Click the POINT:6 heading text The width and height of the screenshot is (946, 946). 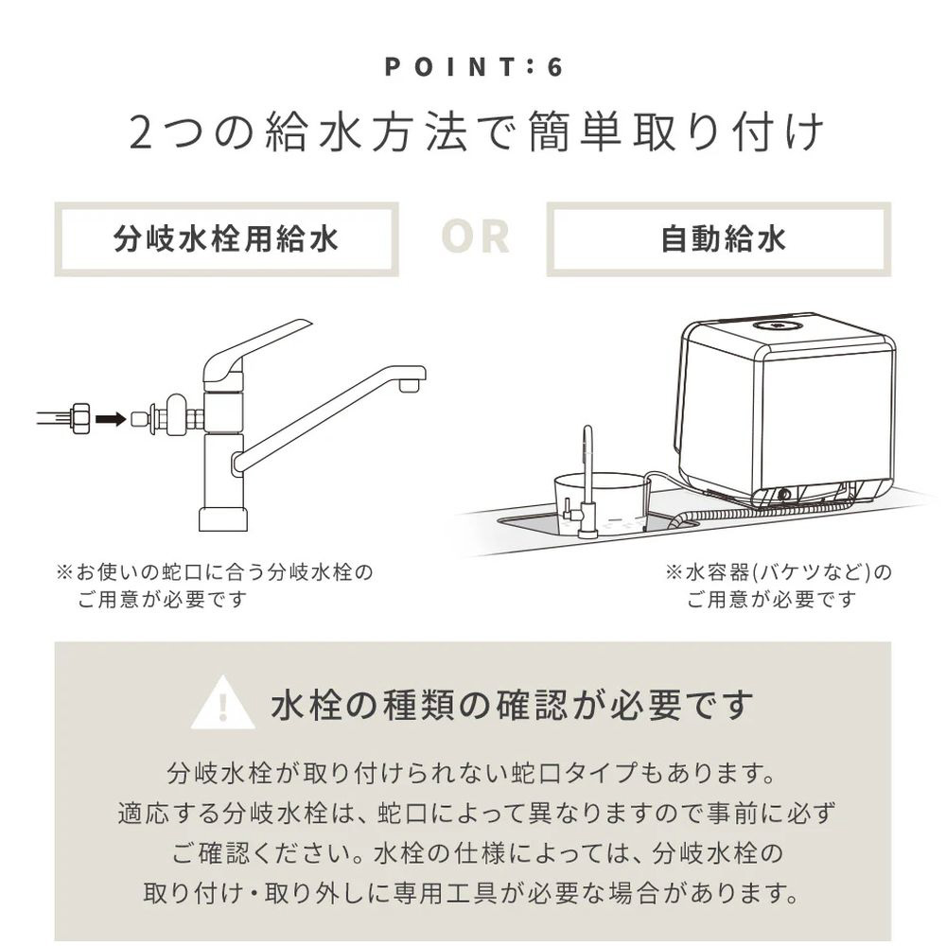(474, 66)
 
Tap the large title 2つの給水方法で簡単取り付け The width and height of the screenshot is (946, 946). (476, 132)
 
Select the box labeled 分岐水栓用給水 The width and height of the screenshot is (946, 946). (227, 239)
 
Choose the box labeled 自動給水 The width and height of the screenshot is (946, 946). (719, 239)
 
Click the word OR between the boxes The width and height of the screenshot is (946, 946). (475, 236)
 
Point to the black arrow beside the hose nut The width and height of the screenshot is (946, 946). (111, 418)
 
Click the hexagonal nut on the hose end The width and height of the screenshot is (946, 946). (79, 417)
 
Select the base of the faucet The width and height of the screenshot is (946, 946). (223, 519)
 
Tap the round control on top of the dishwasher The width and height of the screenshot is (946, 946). (777, 326)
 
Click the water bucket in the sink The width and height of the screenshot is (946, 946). (601, 501)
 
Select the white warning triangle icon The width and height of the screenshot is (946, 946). (222, 704)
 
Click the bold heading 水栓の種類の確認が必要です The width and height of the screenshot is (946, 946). (512, 705)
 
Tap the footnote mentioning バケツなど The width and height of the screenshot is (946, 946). (779, 586)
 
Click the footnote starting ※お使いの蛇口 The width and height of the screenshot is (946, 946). (215, 586)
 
